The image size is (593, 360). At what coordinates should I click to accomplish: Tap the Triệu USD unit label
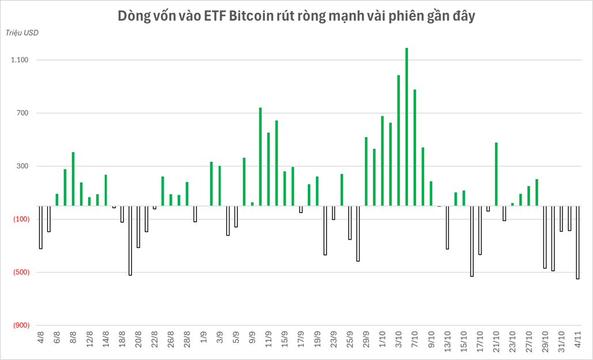click(x=22, y=33)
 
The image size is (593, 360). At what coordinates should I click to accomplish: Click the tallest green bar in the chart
click(x=406, y=127)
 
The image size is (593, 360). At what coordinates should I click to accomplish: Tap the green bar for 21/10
click(x=496, y=174)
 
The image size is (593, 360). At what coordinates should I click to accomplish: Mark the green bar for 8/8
click(x=73, y=179)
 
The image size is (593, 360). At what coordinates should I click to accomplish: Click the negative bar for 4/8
click(x=40, y=227)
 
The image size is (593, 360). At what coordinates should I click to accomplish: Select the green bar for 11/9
click(x=269, y=169)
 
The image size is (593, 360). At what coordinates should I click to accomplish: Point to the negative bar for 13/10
click(x=447, y=227)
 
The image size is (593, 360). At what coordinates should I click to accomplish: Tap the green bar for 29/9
click(x=366, y=171)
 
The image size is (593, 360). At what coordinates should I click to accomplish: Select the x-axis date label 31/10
click(x=561, y=340)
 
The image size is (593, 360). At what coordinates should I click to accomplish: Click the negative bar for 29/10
click(x=545, y=237)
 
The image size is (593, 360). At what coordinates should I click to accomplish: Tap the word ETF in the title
click(x=216, y=16)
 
